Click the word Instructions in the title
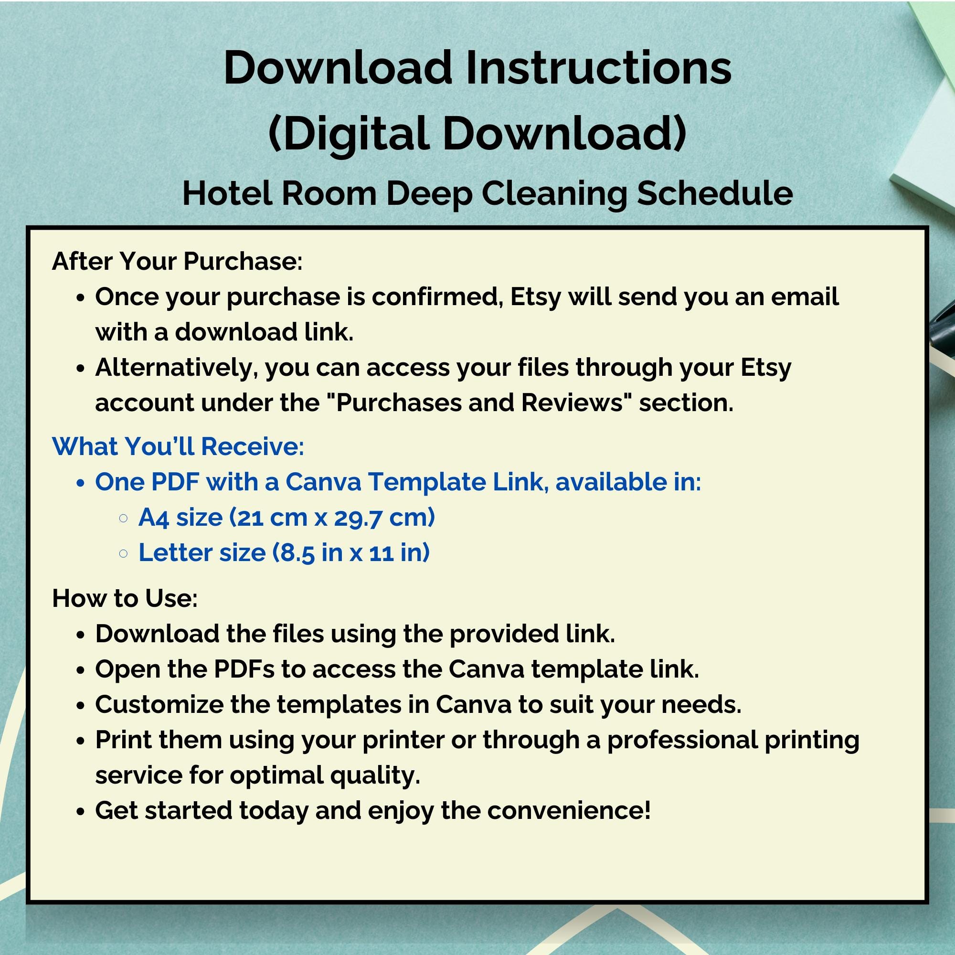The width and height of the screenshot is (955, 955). point(598,68)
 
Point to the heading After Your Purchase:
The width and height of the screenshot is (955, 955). point(177,261)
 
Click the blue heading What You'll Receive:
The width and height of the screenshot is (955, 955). point(178,446)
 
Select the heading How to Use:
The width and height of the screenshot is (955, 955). point(125,598)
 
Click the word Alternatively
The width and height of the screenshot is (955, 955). point(177,367)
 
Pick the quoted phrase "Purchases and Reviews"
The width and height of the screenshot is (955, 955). point(479,403)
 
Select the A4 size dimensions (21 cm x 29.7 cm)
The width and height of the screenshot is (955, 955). point(332,517)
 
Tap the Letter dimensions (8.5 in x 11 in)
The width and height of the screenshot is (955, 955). point(351,552)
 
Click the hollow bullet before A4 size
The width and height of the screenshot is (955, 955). point(124,518)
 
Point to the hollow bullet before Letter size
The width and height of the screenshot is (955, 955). point(124,553)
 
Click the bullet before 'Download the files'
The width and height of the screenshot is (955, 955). point(81,635)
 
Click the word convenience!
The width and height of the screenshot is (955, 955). point(568,810)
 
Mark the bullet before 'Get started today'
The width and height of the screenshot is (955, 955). point(81,811)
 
